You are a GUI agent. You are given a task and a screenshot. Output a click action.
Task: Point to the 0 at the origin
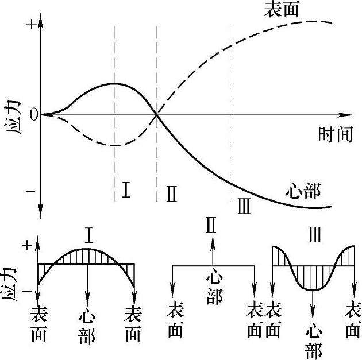point(34,115)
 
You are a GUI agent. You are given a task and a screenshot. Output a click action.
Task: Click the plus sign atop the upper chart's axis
point(30,24)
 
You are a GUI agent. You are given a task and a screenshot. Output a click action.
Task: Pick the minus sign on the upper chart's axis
point(30,191)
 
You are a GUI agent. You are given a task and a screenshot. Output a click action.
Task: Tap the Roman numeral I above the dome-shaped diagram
point(89,235)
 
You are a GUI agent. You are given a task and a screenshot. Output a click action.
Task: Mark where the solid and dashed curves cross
point(157,115)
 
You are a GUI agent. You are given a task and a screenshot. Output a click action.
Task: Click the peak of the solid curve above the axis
point(115,84)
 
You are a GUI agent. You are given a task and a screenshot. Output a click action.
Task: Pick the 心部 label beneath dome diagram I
point(87,326)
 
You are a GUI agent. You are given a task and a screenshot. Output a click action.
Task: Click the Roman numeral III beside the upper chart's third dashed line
point(244,205)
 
